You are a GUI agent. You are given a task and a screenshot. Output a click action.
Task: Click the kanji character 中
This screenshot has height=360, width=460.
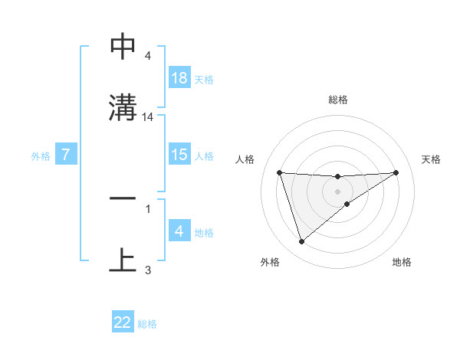tap(123, 47)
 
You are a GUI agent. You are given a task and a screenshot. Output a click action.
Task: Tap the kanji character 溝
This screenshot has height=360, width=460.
tap(123, 107)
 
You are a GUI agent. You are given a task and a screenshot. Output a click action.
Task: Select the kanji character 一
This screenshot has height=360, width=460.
tap(123, 198)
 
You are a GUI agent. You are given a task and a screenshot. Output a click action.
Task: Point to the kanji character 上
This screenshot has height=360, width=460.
tap(123, 260)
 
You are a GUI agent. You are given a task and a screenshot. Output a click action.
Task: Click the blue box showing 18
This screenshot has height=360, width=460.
tap(179, 78)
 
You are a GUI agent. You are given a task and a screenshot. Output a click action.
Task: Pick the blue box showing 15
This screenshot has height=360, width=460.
tap(179, 155)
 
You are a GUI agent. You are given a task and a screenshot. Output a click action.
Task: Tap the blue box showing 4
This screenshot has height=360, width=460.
tap(179, 231)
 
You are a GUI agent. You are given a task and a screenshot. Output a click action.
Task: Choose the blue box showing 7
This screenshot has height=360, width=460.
tap(66, 155)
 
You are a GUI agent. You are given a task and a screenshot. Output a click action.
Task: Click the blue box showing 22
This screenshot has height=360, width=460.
tap(123, 322)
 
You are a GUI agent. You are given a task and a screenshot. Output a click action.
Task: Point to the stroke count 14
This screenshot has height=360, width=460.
tap(148, 117)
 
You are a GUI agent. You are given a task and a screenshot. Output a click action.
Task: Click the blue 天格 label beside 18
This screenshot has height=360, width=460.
tap(204, 80)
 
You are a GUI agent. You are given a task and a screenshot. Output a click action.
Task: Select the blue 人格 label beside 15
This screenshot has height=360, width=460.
tap(204, 156)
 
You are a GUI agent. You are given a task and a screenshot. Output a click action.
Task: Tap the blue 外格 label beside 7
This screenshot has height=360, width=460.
tap(41, 156)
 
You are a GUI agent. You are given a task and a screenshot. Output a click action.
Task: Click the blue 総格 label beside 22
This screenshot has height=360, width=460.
tap(147, 324)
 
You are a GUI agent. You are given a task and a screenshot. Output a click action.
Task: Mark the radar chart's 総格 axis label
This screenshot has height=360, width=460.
tap(337, 100)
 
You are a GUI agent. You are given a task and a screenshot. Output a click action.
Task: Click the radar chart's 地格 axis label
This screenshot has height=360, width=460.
tap(402, 262)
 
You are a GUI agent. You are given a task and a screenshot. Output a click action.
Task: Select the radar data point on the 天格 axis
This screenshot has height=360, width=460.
tap(396, 172)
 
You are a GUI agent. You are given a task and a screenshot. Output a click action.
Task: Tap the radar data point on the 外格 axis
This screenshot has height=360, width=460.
tap(301, 242)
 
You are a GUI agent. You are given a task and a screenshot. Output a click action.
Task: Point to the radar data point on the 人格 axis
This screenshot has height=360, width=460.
tap(279, 172)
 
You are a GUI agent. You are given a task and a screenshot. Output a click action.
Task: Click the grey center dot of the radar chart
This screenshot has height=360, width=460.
tap(337, 191)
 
